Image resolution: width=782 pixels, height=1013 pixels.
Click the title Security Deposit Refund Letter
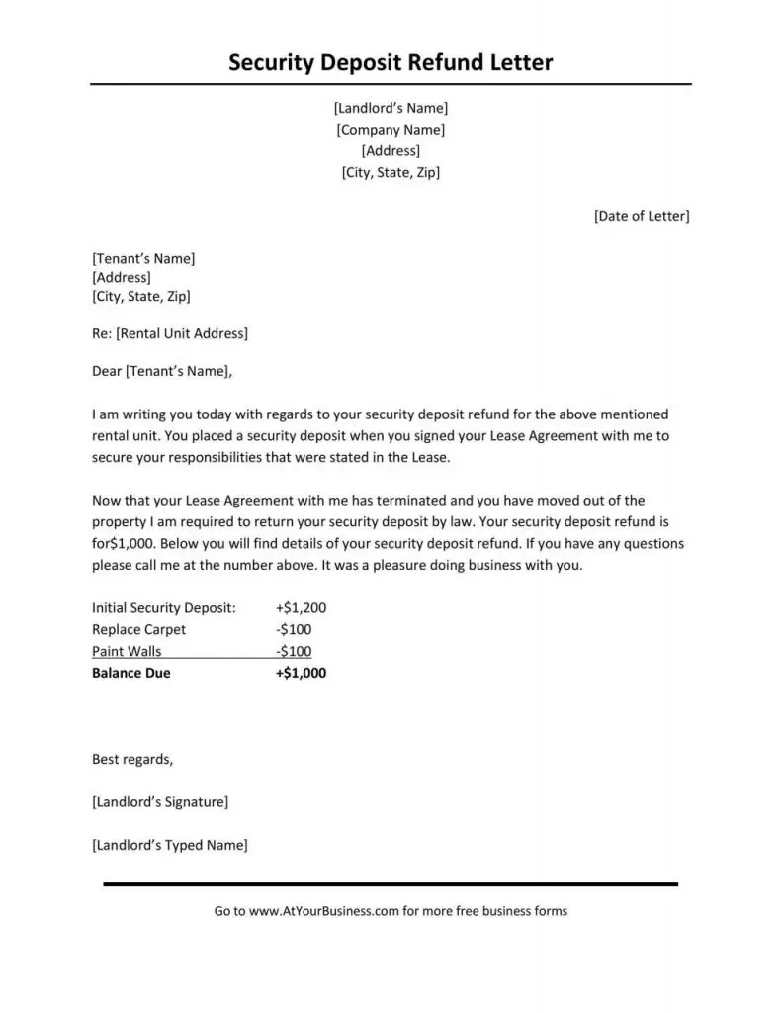tap(391, 63)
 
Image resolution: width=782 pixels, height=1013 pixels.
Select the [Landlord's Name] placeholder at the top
tap(391, 108)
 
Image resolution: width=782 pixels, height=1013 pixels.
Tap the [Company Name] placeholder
tap(391, 130)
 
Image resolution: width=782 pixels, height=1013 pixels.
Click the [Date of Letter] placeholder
tap(642, 216)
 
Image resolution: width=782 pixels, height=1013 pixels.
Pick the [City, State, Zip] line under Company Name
tap(391, 172)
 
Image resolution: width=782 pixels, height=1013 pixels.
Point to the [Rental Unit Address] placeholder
tap(182, 333)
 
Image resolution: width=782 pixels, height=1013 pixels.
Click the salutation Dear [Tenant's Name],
tap(163, 372)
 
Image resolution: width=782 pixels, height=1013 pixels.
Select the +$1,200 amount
tap(301, 608)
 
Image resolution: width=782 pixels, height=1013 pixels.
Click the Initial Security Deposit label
tap(164, 608)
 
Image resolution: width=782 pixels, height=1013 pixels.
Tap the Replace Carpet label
tap(138, 630)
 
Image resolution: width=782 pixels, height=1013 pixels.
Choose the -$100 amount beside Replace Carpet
tap(294, 630)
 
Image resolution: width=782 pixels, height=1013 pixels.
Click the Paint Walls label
tap(127, 652)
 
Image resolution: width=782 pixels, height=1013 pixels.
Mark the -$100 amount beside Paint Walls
tap(294, 652)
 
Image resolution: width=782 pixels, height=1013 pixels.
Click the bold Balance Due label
tap(131, 674)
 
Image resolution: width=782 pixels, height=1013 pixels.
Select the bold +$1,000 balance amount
tap(301, 674)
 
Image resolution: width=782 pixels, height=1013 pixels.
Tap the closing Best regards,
tap(132, 760)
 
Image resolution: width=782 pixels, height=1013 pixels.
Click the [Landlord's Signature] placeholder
tap(160, 802)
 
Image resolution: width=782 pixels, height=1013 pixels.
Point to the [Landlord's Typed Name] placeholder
tap(169, 846)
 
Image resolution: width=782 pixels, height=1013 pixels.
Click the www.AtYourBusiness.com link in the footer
tap(324, 911)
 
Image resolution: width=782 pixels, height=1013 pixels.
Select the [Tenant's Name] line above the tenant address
tap(143, 259)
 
